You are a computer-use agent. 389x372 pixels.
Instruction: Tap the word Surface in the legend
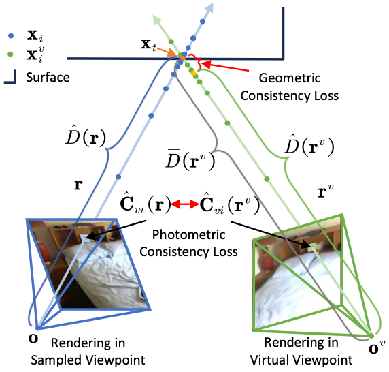[48, 77]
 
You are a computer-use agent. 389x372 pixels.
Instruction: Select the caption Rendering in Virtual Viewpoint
[300, 352]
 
